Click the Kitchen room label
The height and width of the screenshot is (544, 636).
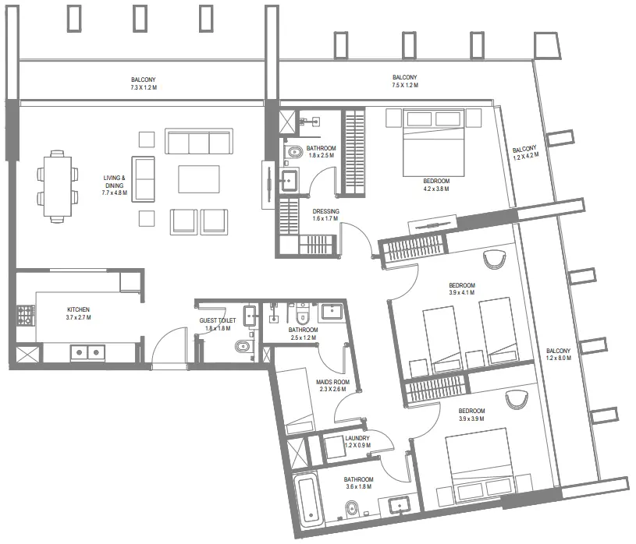click(x=78, y=309)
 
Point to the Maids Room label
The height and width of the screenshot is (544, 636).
click(x=333, y=382)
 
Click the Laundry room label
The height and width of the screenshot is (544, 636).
click(x=356, y=439)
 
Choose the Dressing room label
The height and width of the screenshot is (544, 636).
click(x=325, y=211)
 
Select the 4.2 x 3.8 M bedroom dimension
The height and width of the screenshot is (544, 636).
click(x=436, y=189)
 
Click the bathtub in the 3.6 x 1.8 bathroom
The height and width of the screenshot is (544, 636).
click(x=307, y=500)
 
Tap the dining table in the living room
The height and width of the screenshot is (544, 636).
click(x=57, y=186)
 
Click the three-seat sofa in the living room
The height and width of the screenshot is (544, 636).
click(x=198, y=143)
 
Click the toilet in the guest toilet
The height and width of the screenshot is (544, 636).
click(x=243, y=346)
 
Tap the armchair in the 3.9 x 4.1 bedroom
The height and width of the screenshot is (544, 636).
click(x=494, y=258)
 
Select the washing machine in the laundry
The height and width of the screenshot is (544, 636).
click(x=334, y=447)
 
